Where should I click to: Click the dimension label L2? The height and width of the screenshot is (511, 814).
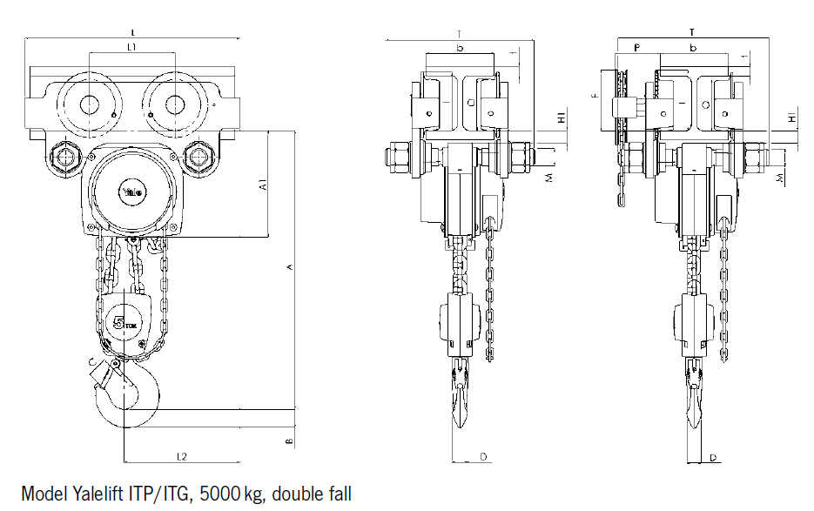pos(182,455)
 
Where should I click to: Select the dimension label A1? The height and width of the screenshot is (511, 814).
pos(262,185)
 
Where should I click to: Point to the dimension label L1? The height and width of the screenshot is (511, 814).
pos(131,47)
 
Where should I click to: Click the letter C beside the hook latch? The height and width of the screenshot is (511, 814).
pos(91,361)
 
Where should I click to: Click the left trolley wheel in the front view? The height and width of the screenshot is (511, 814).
pos(89,104)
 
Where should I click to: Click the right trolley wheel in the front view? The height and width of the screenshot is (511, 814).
pos(172,104)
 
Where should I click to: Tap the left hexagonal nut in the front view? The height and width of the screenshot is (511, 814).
pos(65,158)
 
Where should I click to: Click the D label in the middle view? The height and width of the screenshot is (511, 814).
pos(482,456)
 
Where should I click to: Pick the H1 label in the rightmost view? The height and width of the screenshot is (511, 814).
pos(790,118)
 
